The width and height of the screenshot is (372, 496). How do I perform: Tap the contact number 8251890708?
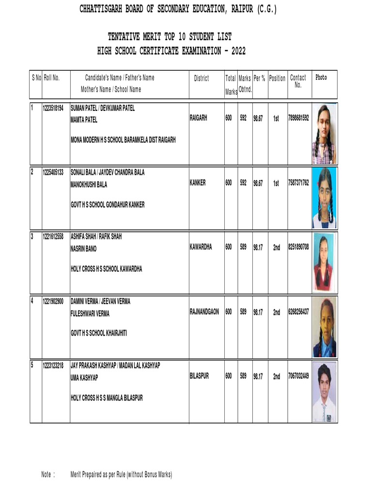pyautogui.click(x=298, y=247)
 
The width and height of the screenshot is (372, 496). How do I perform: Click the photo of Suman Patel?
pyautogui.click(x=325, y=134)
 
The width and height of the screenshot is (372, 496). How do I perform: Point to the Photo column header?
pyautogui.click(x=321, y=77)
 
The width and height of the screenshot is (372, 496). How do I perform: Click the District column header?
pyautogui.click(x=201, y=78)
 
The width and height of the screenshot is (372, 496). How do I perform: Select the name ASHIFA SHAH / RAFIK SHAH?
pyautogui.click(x=96, y=237)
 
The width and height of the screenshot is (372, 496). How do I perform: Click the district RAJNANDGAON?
pyautogui.click(x=204, y=312)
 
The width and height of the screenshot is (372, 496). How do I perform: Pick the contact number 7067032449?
pyautogui.click(x=298, y=375)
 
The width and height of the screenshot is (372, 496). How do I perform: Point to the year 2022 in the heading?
pyautogui.click(x=238, y=50)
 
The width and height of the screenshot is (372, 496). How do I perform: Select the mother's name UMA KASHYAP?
pyautogui.click(x=85, y=377)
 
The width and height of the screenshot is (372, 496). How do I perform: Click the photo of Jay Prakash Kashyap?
pyautogui.click(x=324, y=392)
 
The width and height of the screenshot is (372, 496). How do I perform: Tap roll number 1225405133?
pyautogui.click(x=53, y=172)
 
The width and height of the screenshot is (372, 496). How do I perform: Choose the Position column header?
pyautogui.click(x=277, y=78)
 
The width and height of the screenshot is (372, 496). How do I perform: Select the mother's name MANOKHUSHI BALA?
pyautogui.click(x=89, y=185)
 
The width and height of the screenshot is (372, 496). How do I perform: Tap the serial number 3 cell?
pyautogui.click(x=32, y=237)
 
